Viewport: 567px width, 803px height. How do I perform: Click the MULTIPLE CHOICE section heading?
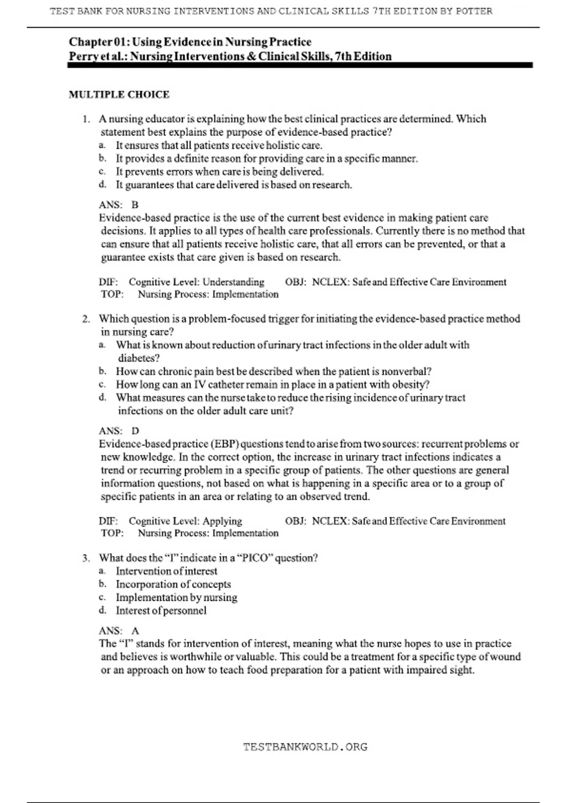[x=119, y=94]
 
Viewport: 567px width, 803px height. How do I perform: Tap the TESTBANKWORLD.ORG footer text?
[x=305, y=747]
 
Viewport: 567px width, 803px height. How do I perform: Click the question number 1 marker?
[x=86, y=119]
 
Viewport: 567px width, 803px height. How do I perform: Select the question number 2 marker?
[x=86, y=319]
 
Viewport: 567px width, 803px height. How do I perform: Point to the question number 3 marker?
[x=86, y=558]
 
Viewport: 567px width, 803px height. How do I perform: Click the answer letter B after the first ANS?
[x=135, y=205]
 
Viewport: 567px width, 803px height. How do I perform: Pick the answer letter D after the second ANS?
[x=135, y=431]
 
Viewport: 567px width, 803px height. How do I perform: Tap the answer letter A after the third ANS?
[x=135, y=631]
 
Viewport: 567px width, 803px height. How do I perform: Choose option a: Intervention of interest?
[x=166, y=571]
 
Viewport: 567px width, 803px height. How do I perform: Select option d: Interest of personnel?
[x=161, y=610]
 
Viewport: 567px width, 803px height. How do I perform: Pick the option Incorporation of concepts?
[x=173, y=584]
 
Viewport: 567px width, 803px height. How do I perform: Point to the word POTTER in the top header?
[x=473, y=11]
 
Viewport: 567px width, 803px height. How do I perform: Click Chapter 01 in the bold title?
[x=98, y=42]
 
